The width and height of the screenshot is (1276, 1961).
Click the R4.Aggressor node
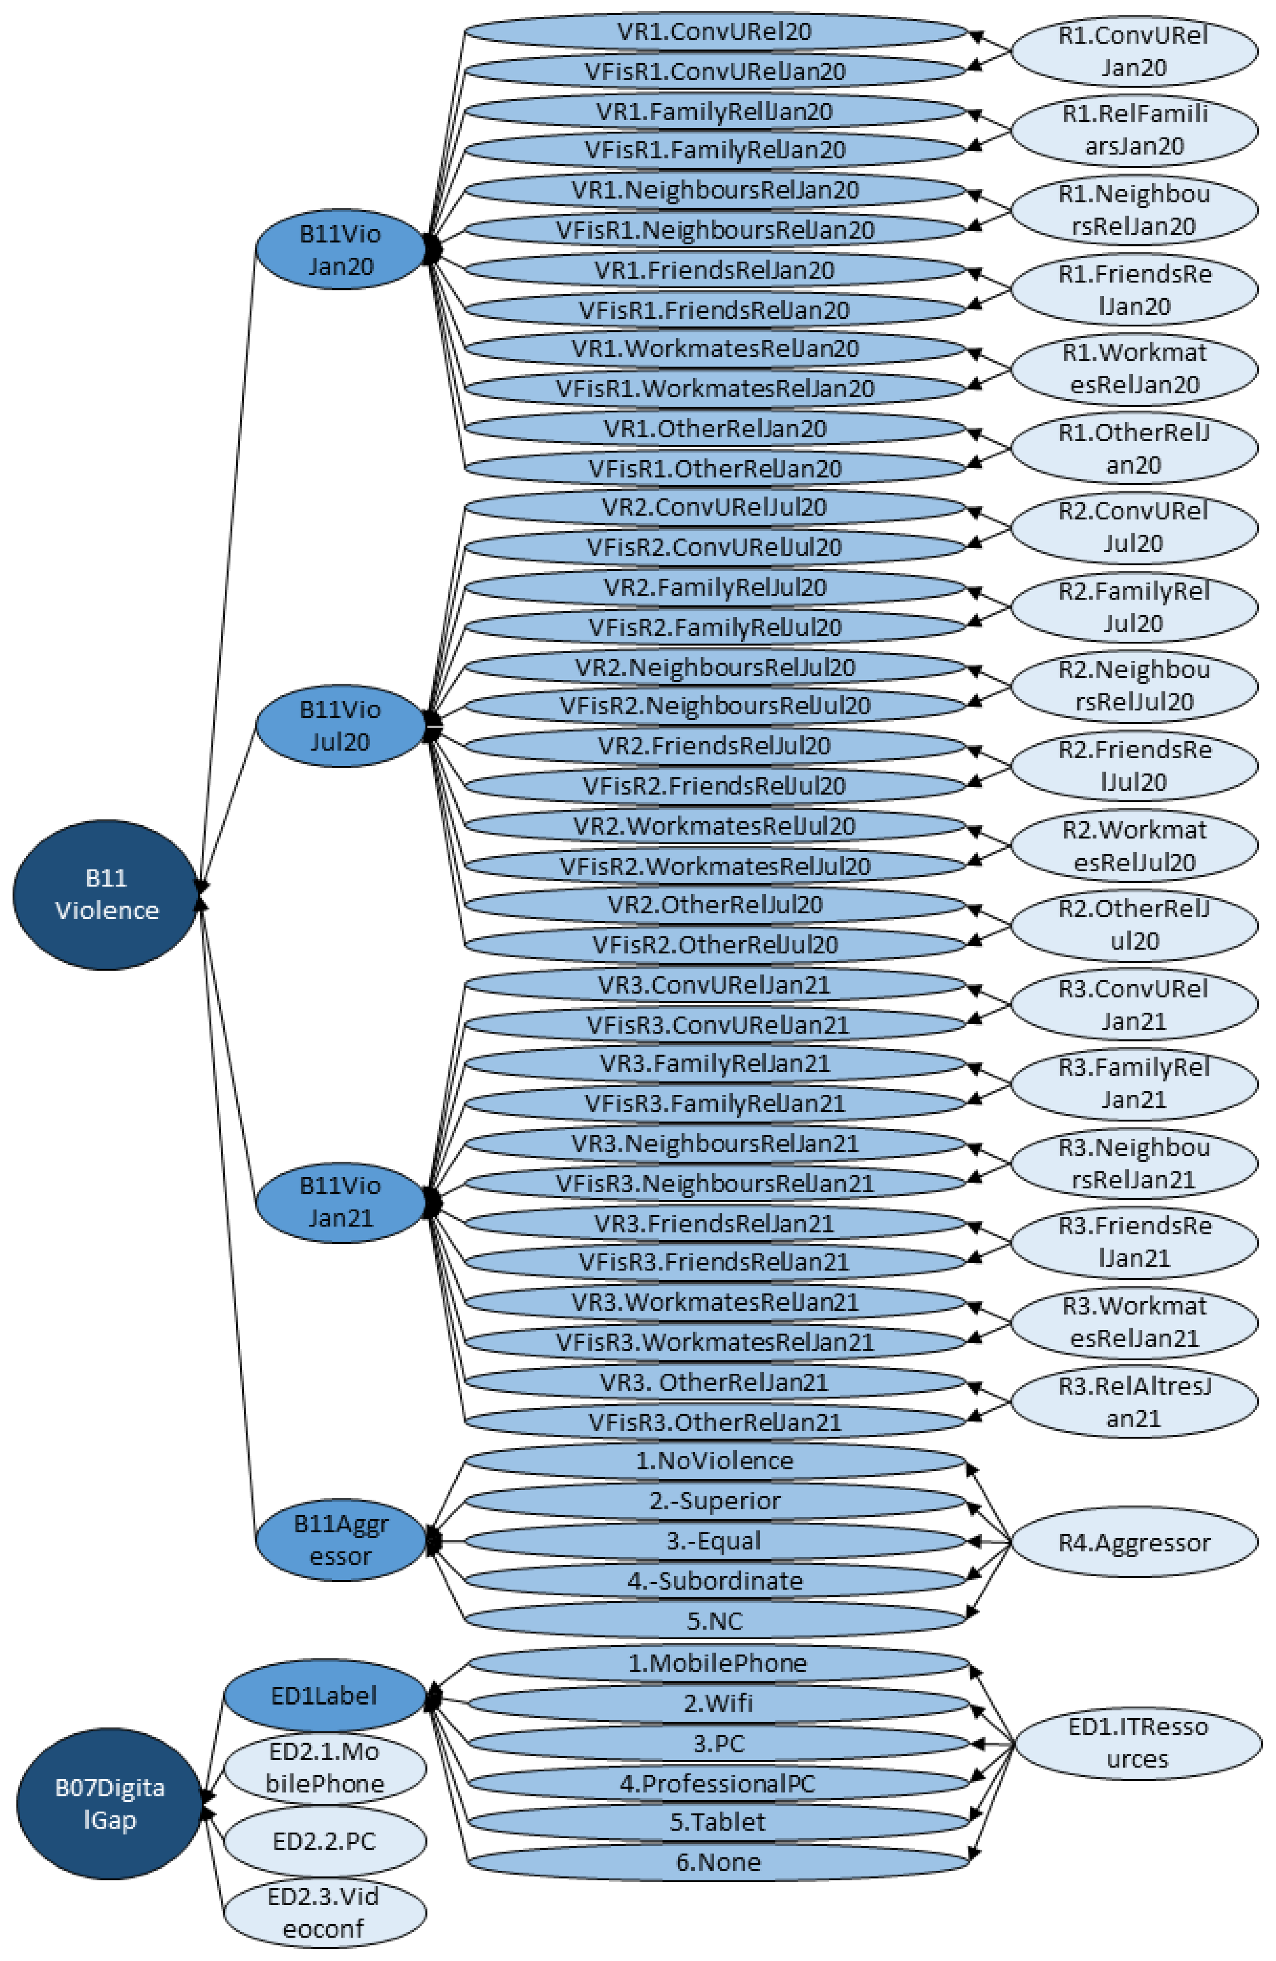1134,1542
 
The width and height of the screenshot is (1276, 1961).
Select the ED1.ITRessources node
1137,1743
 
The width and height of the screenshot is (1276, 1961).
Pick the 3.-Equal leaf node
714,1541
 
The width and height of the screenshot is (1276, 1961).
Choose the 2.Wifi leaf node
718,1703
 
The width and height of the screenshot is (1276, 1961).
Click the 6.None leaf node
718,1862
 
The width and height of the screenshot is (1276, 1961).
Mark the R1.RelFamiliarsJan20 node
1134,130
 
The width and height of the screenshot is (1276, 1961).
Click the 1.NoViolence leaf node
714,1461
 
